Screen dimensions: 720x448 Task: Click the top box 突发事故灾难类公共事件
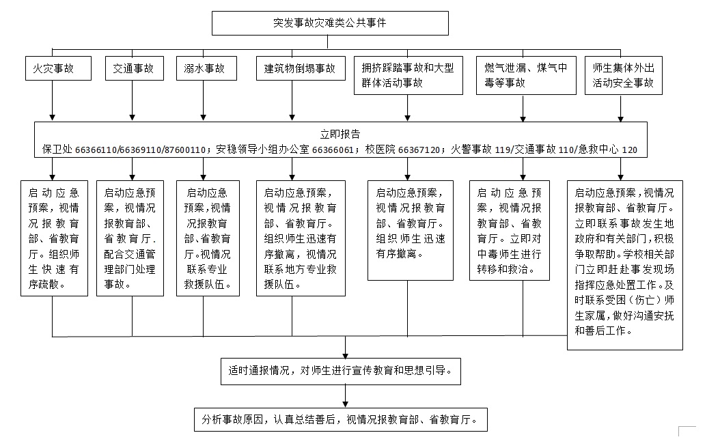330,23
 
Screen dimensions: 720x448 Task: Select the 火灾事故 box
58,68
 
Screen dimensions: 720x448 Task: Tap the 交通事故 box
134,68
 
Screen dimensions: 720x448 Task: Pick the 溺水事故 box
206,68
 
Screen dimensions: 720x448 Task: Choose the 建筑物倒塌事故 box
301,68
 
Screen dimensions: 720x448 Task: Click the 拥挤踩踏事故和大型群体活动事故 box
409,75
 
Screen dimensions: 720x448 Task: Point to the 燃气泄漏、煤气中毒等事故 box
526,75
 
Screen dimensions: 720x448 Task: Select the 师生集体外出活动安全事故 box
624,75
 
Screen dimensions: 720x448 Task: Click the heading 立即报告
340,134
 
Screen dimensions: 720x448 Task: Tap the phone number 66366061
333,150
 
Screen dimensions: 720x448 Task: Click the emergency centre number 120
630,150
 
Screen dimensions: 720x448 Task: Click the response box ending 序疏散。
54,238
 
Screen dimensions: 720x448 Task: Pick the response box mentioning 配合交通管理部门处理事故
130,238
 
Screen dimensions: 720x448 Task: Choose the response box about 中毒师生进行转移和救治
509,230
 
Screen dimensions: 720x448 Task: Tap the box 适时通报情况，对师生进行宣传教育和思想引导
341,371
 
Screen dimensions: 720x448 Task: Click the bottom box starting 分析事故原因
341,419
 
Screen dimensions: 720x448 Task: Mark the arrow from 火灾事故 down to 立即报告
53,100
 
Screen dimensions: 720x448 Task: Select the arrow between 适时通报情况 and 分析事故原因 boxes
345,396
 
